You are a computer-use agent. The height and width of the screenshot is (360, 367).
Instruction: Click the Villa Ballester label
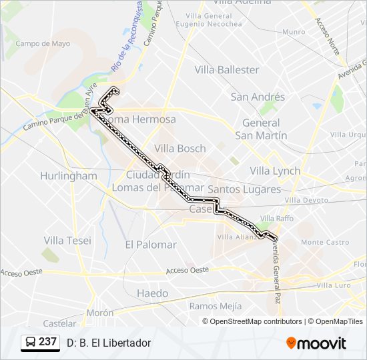tap(227, 69)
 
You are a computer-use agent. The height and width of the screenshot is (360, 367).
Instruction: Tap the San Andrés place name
tap(258, 97)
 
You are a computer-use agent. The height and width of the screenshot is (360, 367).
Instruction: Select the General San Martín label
tap(261, 129)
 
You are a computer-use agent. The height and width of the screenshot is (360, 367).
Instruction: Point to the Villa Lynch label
tap(275, 171)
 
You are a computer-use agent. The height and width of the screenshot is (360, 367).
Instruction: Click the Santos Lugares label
tap(244, 189)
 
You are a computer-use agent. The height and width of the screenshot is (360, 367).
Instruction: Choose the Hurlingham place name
tap(68, 176)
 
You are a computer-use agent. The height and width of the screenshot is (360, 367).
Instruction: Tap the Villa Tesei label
tap(67, 240)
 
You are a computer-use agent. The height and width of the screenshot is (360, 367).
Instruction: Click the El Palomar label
tap(151, 245)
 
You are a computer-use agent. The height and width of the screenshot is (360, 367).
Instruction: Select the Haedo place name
tap(152, 293)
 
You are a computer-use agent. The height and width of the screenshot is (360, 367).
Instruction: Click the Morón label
tap(99, 313)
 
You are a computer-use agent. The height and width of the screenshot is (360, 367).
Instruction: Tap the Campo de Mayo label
tap(43, 44)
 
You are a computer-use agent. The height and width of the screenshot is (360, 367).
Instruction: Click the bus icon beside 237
tap(30, 343)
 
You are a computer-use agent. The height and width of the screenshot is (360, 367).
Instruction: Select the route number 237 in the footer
tap(47, 342)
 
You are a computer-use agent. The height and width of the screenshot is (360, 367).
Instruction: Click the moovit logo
tap(316, 343)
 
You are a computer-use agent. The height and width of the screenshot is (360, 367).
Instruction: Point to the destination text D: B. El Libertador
tap(109, 343)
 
